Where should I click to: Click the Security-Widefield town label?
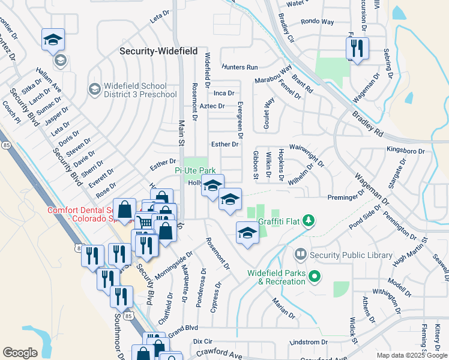click(158, 52)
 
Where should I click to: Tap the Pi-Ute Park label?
click(194, 171)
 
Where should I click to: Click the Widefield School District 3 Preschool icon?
click(94, 89)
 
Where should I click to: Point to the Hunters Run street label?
click(239, 67)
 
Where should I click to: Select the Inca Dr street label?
click(224, 93)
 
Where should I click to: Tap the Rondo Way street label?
click(318, 21)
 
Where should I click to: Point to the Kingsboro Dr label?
click(405, 151)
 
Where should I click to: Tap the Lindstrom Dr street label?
click(308, 342)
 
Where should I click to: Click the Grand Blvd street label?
click(182, 331)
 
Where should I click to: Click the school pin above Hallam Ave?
click(53, 40)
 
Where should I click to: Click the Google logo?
click(20, 352)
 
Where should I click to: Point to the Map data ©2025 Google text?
click(411, 355)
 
